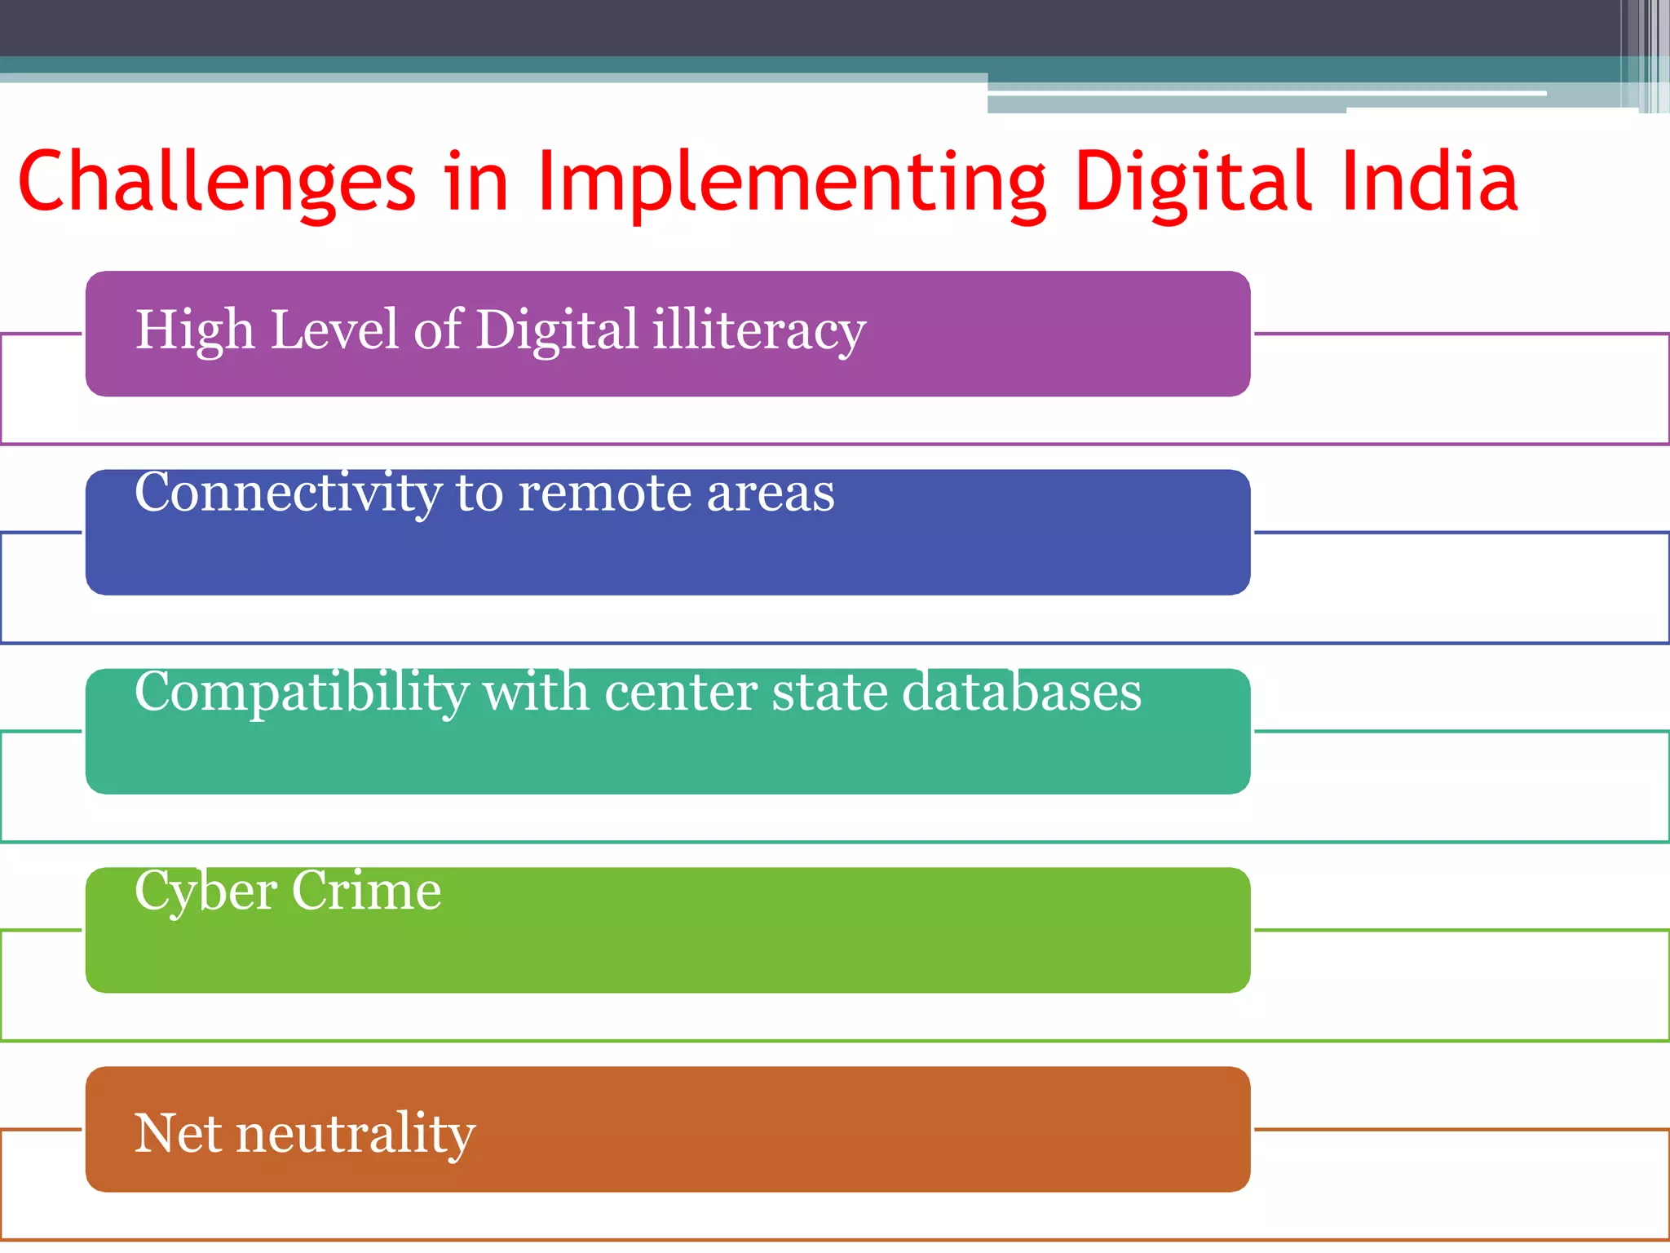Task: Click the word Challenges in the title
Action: [x=216, y=183]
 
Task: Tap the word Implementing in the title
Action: [x=791, y=183]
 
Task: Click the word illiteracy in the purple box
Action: [x=758, y=330]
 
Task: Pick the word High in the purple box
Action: [x=195, y=330]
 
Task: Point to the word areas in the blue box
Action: [x=770, y=494]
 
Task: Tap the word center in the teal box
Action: [x=680, y=693]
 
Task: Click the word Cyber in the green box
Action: [x=205, y=892]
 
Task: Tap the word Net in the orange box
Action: [x=177, y=1133]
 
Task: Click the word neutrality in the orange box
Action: [x=355, y=1135]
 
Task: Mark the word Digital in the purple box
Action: [x=556, y=330]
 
